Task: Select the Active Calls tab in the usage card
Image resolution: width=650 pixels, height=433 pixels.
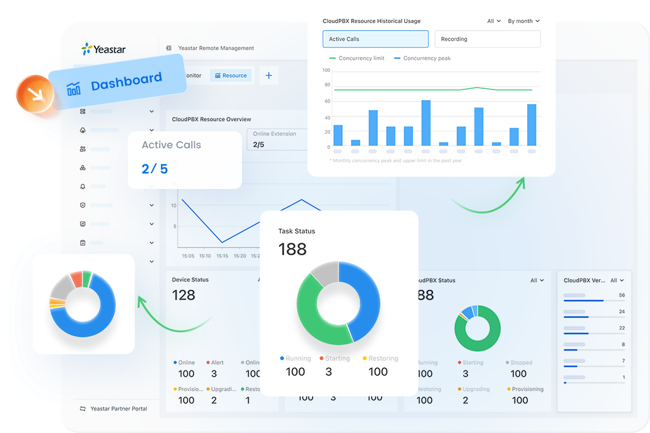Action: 375,39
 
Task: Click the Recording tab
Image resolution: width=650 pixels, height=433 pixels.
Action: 487,39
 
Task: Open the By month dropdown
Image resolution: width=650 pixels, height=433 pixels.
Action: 523,21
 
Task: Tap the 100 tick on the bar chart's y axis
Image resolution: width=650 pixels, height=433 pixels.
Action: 326,69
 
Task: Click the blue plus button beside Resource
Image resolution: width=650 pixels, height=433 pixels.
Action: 269,75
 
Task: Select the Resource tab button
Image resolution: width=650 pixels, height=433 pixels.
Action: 231,75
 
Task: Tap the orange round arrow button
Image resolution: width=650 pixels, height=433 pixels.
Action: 35,95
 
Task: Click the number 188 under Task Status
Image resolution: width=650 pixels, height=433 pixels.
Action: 292,249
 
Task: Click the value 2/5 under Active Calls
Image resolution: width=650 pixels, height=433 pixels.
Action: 155,168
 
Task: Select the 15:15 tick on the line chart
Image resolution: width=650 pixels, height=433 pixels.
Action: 222,256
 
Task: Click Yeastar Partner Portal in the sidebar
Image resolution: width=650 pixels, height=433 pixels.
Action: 118,409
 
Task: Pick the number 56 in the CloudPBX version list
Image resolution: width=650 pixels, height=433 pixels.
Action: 621,295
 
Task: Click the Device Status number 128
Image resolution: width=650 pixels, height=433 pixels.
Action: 184,295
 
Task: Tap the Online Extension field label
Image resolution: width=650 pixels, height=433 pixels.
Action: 275,134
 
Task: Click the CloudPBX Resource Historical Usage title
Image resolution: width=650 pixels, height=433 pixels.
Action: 371,21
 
